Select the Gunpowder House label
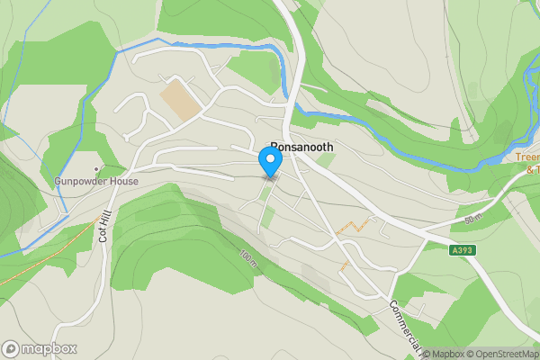pyautogui.click(x=95, y=181)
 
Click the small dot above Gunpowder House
pyautogui.click(x=96, y=168)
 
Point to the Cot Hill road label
pyautogui.click(x=103, y=223)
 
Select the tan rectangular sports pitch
pyautogui.click(x=183, y=101)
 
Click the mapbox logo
pyautogui.click(x=39, y=348)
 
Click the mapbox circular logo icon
pyautogui.click(x=11, y=348)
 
